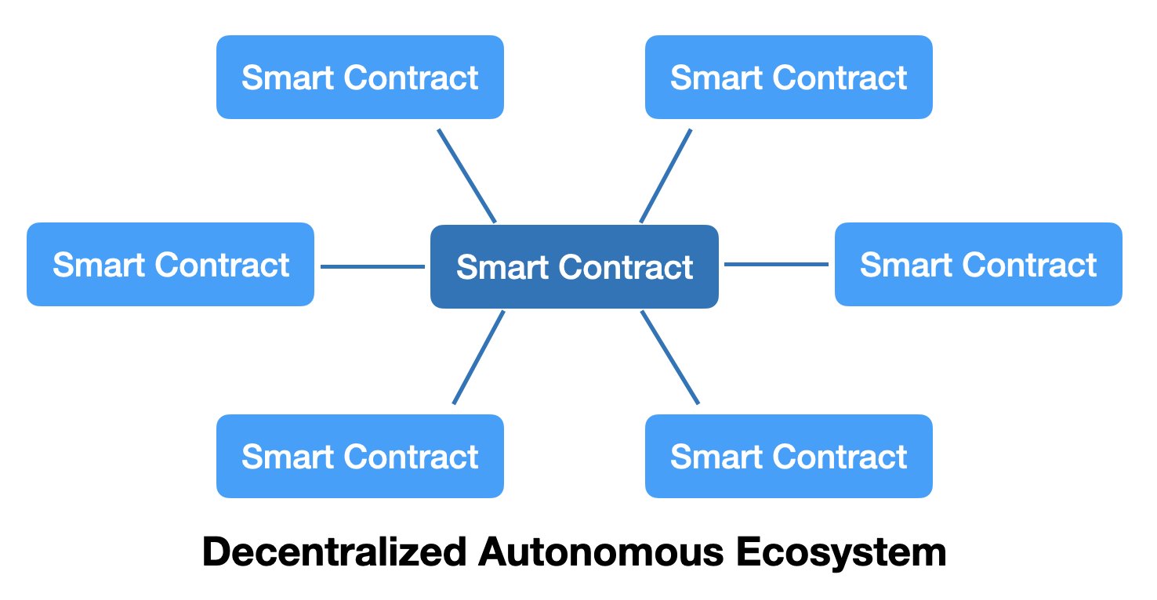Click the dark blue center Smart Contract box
click(x=574, y=267)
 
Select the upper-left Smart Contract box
click(x=360, y=78)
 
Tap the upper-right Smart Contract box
click(x=789, y=78)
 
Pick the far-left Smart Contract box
click(x=170, y=265)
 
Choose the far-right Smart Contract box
click(x=978, y=265)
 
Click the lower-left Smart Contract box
click(x=360, y=456)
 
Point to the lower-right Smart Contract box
click(x=789, y=456)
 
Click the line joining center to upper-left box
click(x=466, y=175)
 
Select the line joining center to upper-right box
click(x=666, y=175)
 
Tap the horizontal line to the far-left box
click(x=372, y=267)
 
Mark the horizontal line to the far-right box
click(x=776, y=265)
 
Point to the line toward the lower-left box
click(x=478, y=358)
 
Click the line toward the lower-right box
click(x=669, y=358)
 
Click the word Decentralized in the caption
click(x=332, y=553)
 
